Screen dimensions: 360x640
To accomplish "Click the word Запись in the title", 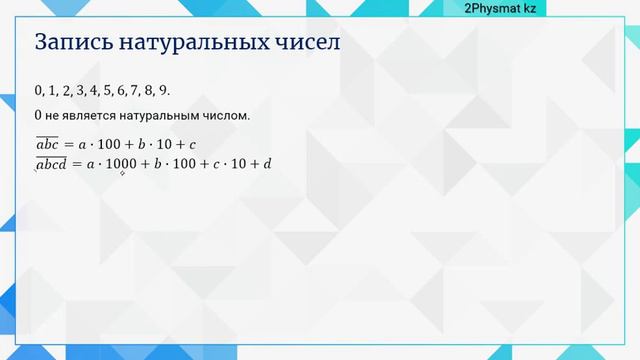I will [x=73, y=43].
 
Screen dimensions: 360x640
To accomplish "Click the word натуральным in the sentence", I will [x=159, y=116].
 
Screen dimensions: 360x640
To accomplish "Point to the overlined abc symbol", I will [x=48, y=144].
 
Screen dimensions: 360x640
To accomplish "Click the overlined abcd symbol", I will [x=51, y=163].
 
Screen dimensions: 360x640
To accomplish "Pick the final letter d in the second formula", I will [x=267, y=163].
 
